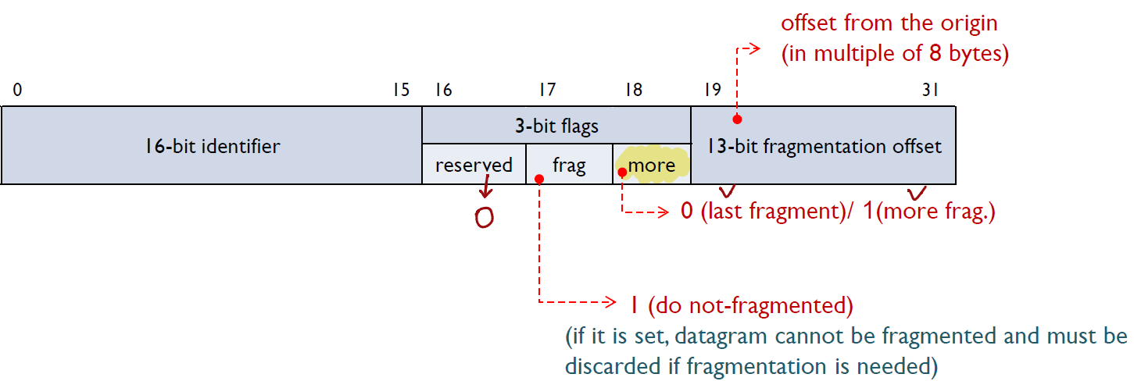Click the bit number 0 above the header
[17, 91]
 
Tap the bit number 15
[400, 91]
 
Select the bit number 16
[443, 91]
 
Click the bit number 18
[633, 91]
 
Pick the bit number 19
[712, 91]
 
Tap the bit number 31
[930, 91]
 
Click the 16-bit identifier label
[212, 146]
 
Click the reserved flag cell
[474, 165]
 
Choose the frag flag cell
[569, 166]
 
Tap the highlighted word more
[652, 166]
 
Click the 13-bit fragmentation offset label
[823, 146]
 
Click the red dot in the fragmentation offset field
[736, 119]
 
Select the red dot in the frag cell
[538, 179]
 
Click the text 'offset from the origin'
[889, 23]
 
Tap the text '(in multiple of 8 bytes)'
[896, 55]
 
